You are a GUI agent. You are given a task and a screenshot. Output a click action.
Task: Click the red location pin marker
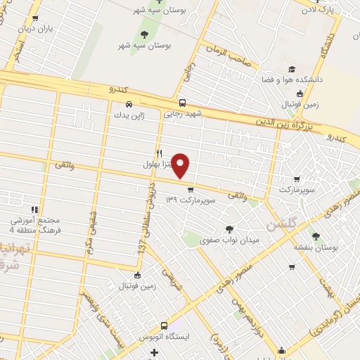(181, 165)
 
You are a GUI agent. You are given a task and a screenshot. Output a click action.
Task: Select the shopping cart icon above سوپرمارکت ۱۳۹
(190, 188)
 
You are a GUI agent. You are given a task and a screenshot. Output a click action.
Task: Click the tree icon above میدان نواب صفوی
(229, 228)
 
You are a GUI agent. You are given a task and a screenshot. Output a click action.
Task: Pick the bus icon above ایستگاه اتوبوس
(164, 326)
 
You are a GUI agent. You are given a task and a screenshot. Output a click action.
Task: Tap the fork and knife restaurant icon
(160, 153)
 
